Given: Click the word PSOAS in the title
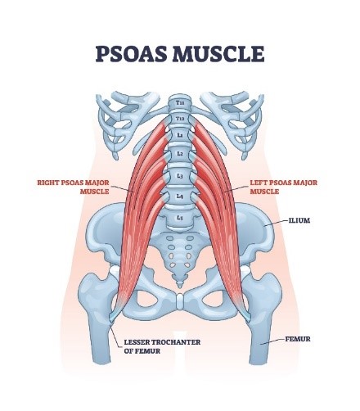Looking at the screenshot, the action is pos(131,54).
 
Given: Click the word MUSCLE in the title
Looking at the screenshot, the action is pos(218,54).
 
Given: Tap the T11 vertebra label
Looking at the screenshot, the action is pos(180,103).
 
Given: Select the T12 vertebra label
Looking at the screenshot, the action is pos(180,119).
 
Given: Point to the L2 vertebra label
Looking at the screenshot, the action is pos(180,154).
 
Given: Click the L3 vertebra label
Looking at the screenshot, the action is pos(180,176).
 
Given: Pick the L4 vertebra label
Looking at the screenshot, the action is pos(180,196).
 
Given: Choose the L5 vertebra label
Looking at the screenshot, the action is pos(179,218).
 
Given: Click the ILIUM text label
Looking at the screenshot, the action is pos(299,220).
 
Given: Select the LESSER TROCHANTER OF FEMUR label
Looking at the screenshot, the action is pos(162,346).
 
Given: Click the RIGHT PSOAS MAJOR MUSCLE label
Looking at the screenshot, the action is pos(73,187).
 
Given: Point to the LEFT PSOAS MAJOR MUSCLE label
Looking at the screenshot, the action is pos(284,187).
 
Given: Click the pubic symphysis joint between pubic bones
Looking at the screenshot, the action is pos(180,301).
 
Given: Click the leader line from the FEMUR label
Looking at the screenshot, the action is pos(272,341).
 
